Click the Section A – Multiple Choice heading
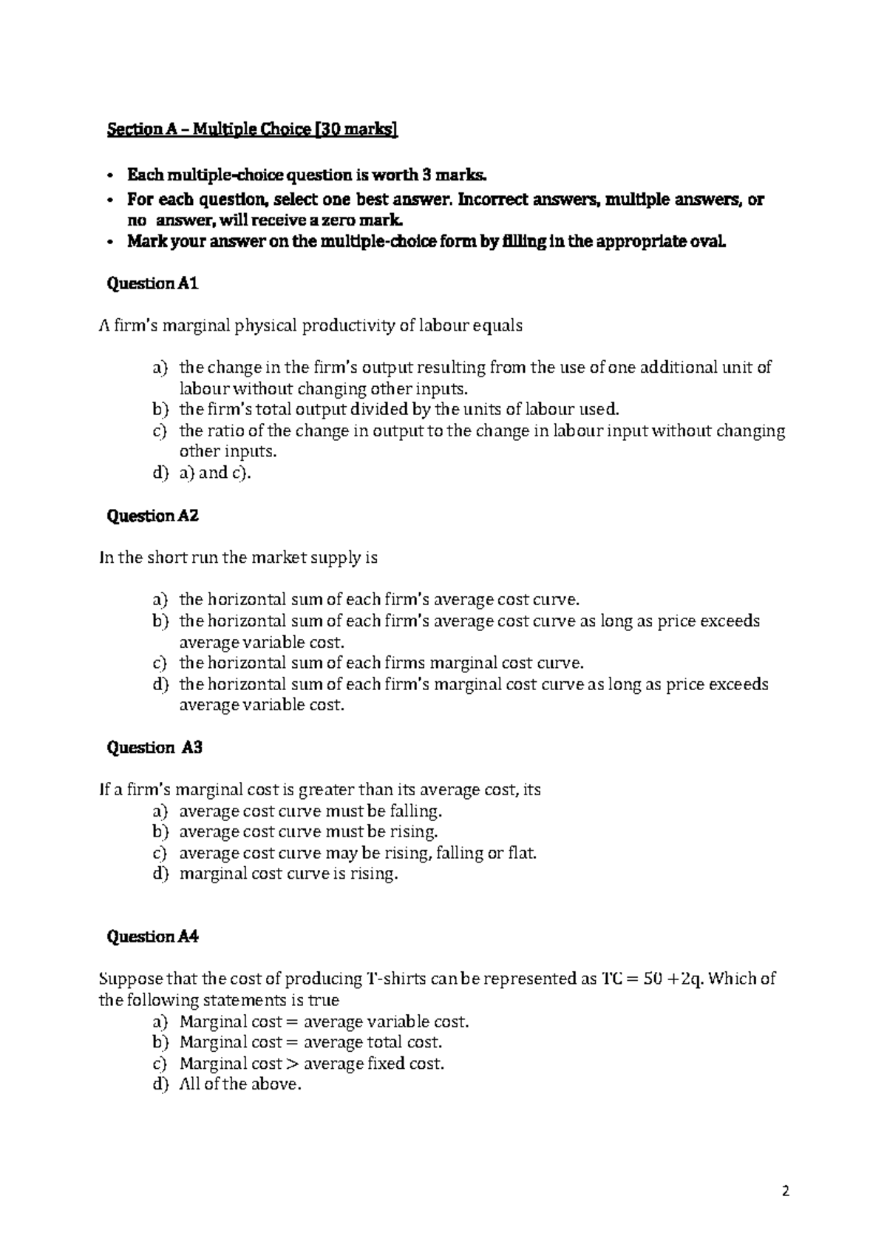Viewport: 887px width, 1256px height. pos(251,131)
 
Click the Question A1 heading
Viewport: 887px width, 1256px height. pos(153,283)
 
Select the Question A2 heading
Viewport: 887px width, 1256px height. pos(153,516)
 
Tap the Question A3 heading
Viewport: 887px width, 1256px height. pos(154,748)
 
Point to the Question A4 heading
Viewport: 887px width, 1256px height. pos(153,937)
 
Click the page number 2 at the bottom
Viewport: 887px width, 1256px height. pos(786,1192)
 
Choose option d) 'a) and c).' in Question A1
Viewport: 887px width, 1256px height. pos(215,473)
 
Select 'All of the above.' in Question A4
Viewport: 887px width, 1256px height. pos(240,1085)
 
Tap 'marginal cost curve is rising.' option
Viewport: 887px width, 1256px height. pos(288,874)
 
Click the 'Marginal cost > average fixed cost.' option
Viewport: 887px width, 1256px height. pos(311,1064)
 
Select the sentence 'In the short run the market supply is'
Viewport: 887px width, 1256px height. pos(238,558)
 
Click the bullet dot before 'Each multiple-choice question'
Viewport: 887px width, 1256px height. pos(110,177)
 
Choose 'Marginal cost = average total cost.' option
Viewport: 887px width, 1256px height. pos(310,1043)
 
